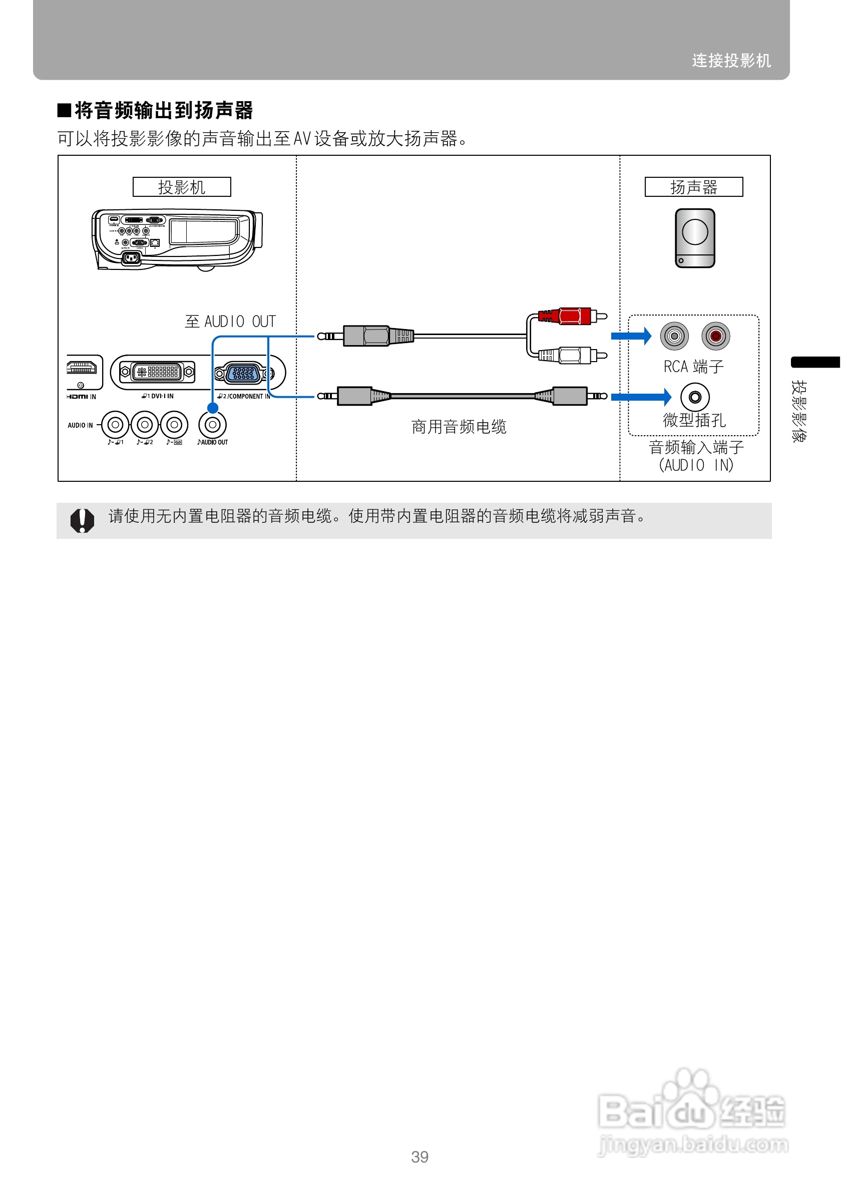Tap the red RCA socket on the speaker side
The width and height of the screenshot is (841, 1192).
715,336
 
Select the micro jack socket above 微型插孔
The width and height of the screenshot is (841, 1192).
695,397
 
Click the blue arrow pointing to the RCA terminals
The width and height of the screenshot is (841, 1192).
631,336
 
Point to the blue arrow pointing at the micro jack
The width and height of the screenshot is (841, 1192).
641,397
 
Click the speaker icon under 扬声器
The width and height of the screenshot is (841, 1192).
695,238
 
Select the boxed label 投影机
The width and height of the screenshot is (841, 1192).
182,187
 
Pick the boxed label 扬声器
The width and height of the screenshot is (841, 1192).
694,187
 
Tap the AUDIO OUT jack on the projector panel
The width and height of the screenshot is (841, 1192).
213,425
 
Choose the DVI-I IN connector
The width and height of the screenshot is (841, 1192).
157,372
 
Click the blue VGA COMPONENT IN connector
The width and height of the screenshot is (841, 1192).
243,372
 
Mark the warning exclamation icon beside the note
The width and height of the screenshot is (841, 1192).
82,520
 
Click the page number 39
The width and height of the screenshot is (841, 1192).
419,1157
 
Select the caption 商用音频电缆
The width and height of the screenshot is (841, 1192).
459,427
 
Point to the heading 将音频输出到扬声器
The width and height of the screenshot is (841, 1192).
163,111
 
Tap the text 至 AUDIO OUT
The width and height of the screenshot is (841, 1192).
230,322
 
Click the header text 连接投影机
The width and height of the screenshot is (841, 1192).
731,61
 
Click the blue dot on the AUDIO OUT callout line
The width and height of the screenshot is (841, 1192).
213,408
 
